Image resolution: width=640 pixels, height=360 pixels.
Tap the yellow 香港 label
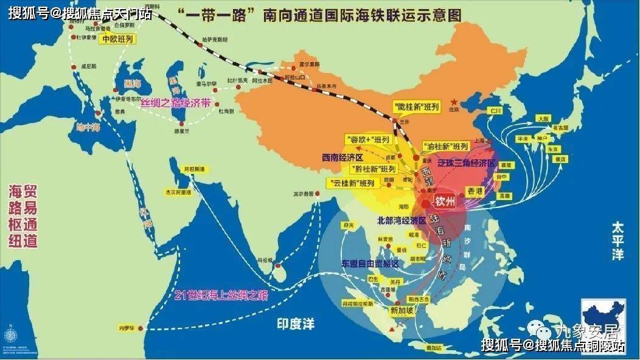point(475,191)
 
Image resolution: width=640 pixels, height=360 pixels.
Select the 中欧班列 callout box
point(117,39)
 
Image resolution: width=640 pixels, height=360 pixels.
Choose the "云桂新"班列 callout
point(350,183)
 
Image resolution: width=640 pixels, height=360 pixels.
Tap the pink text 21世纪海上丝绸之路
point(221,296)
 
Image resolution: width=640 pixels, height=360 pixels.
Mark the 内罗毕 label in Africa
point(125,328)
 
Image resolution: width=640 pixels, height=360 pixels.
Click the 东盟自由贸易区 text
point(369,263)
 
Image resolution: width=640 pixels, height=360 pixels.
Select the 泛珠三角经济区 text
point(467,164)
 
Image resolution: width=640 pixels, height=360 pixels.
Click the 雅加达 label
point(434,347)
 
